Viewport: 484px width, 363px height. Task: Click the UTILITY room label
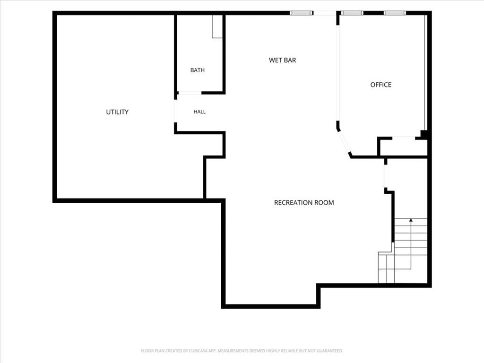tap(117, 112)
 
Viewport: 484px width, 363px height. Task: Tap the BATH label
tap(197, 70)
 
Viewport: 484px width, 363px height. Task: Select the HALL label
tap(200, 112)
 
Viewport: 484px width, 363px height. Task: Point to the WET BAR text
tap(283, 60)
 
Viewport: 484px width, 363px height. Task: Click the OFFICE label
tap(381, 85)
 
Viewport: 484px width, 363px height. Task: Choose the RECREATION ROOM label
tap(304, 202)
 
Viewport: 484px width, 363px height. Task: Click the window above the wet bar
tap(301, 13)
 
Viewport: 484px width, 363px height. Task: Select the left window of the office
tap(352, 13)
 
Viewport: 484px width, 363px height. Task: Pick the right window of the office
tap(395, 13)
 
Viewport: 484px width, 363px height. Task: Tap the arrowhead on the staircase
tap(411, 220)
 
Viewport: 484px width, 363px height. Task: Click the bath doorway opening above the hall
tap(190, 93)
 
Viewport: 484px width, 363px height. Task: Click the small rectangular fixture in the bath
tap(217, 26)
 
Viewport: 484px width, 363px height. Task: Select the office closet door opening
tap(404, 138)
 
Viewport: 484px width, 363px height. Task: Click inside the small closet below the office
tap(403, 147)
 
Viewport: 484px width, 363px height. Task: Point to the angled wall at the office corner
tap(345, 143)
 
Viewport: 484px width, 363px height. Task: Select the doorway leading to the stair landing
tap(386, 176)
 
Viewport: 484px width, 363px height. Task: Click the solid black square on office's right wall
tap(424, 134)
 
